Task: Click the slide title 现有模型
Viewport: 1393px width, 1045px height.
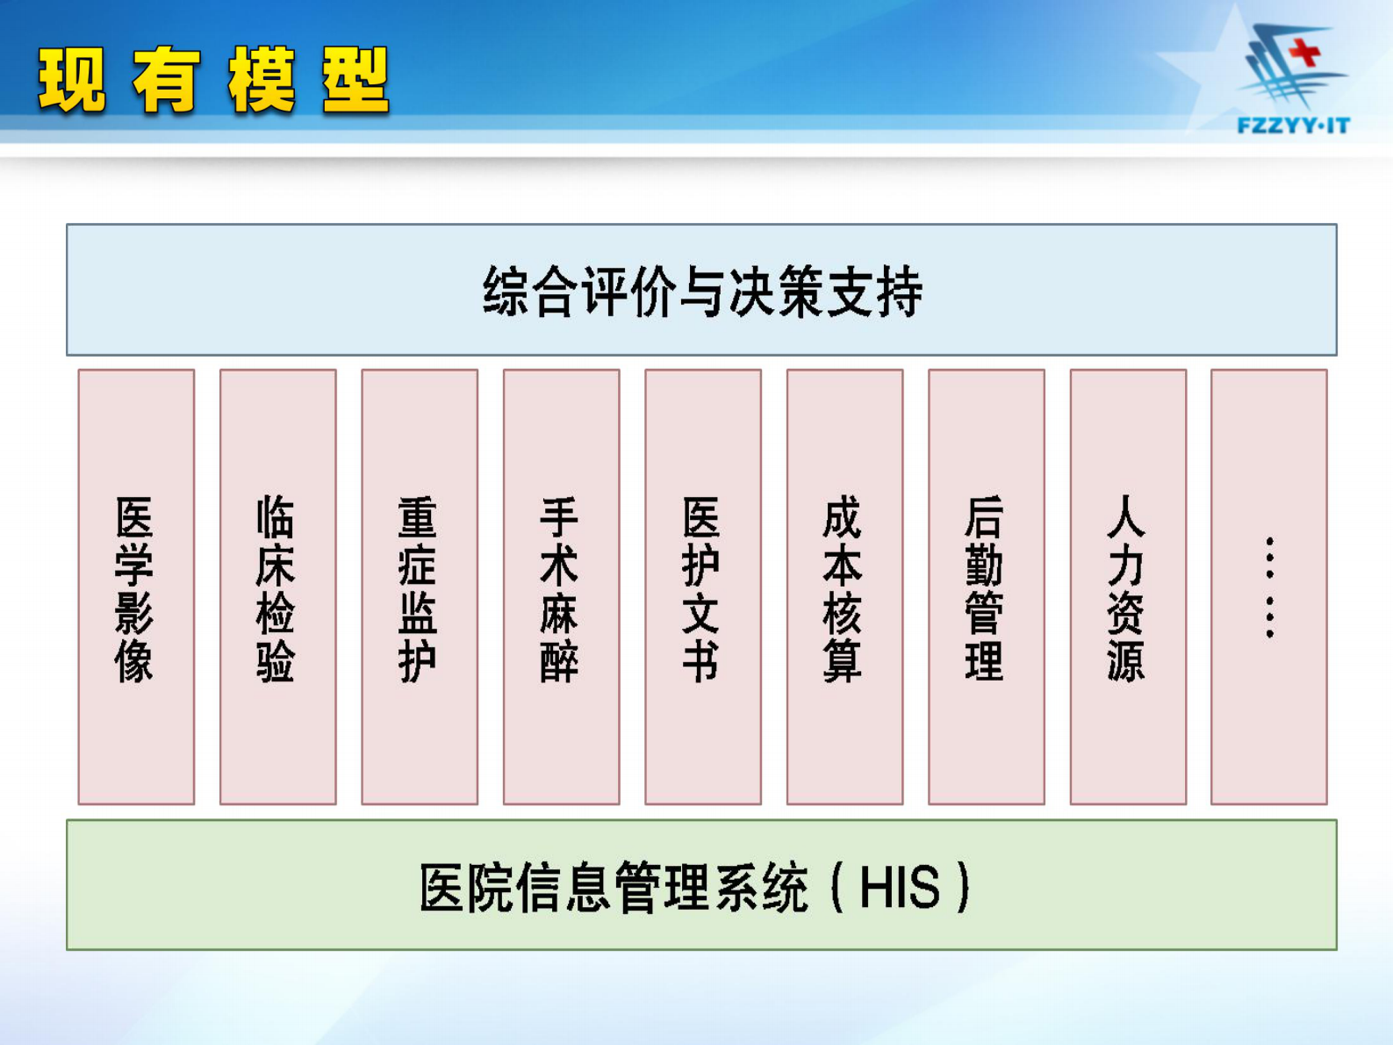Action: (x=213, y=82)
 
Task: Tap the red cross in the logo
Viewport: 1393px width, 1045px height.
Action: (x=1306, y=52)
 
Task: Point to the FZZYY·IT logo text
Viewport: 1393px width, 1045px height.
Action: (x=1293, y=126)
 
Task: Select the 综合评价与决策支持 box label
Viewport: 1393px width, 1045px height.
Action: (x=702, y=292)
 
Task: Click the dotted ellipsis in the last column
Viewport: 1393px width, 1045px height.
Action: (x=1269, y=587)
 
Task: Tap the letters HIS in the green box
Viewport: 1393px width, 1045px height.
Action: (x=899, y=887)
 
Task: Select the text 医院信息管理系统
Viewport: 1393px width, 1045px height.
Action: (x=613, y=887)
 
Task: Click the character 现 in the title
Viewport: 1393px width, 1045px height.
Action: (x=72, y=82)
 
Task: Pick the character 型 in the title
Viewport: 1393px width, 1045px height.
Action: (x=355, y=82)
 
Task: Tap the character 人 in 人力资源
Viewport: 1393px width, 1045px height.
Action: (x=1126, y=517)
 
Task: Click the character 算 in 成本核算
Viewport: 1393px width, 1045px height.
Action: (x=843, y=661)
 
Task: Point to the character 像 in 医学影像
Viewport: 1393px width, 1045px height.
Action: (x=134, y=661)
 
